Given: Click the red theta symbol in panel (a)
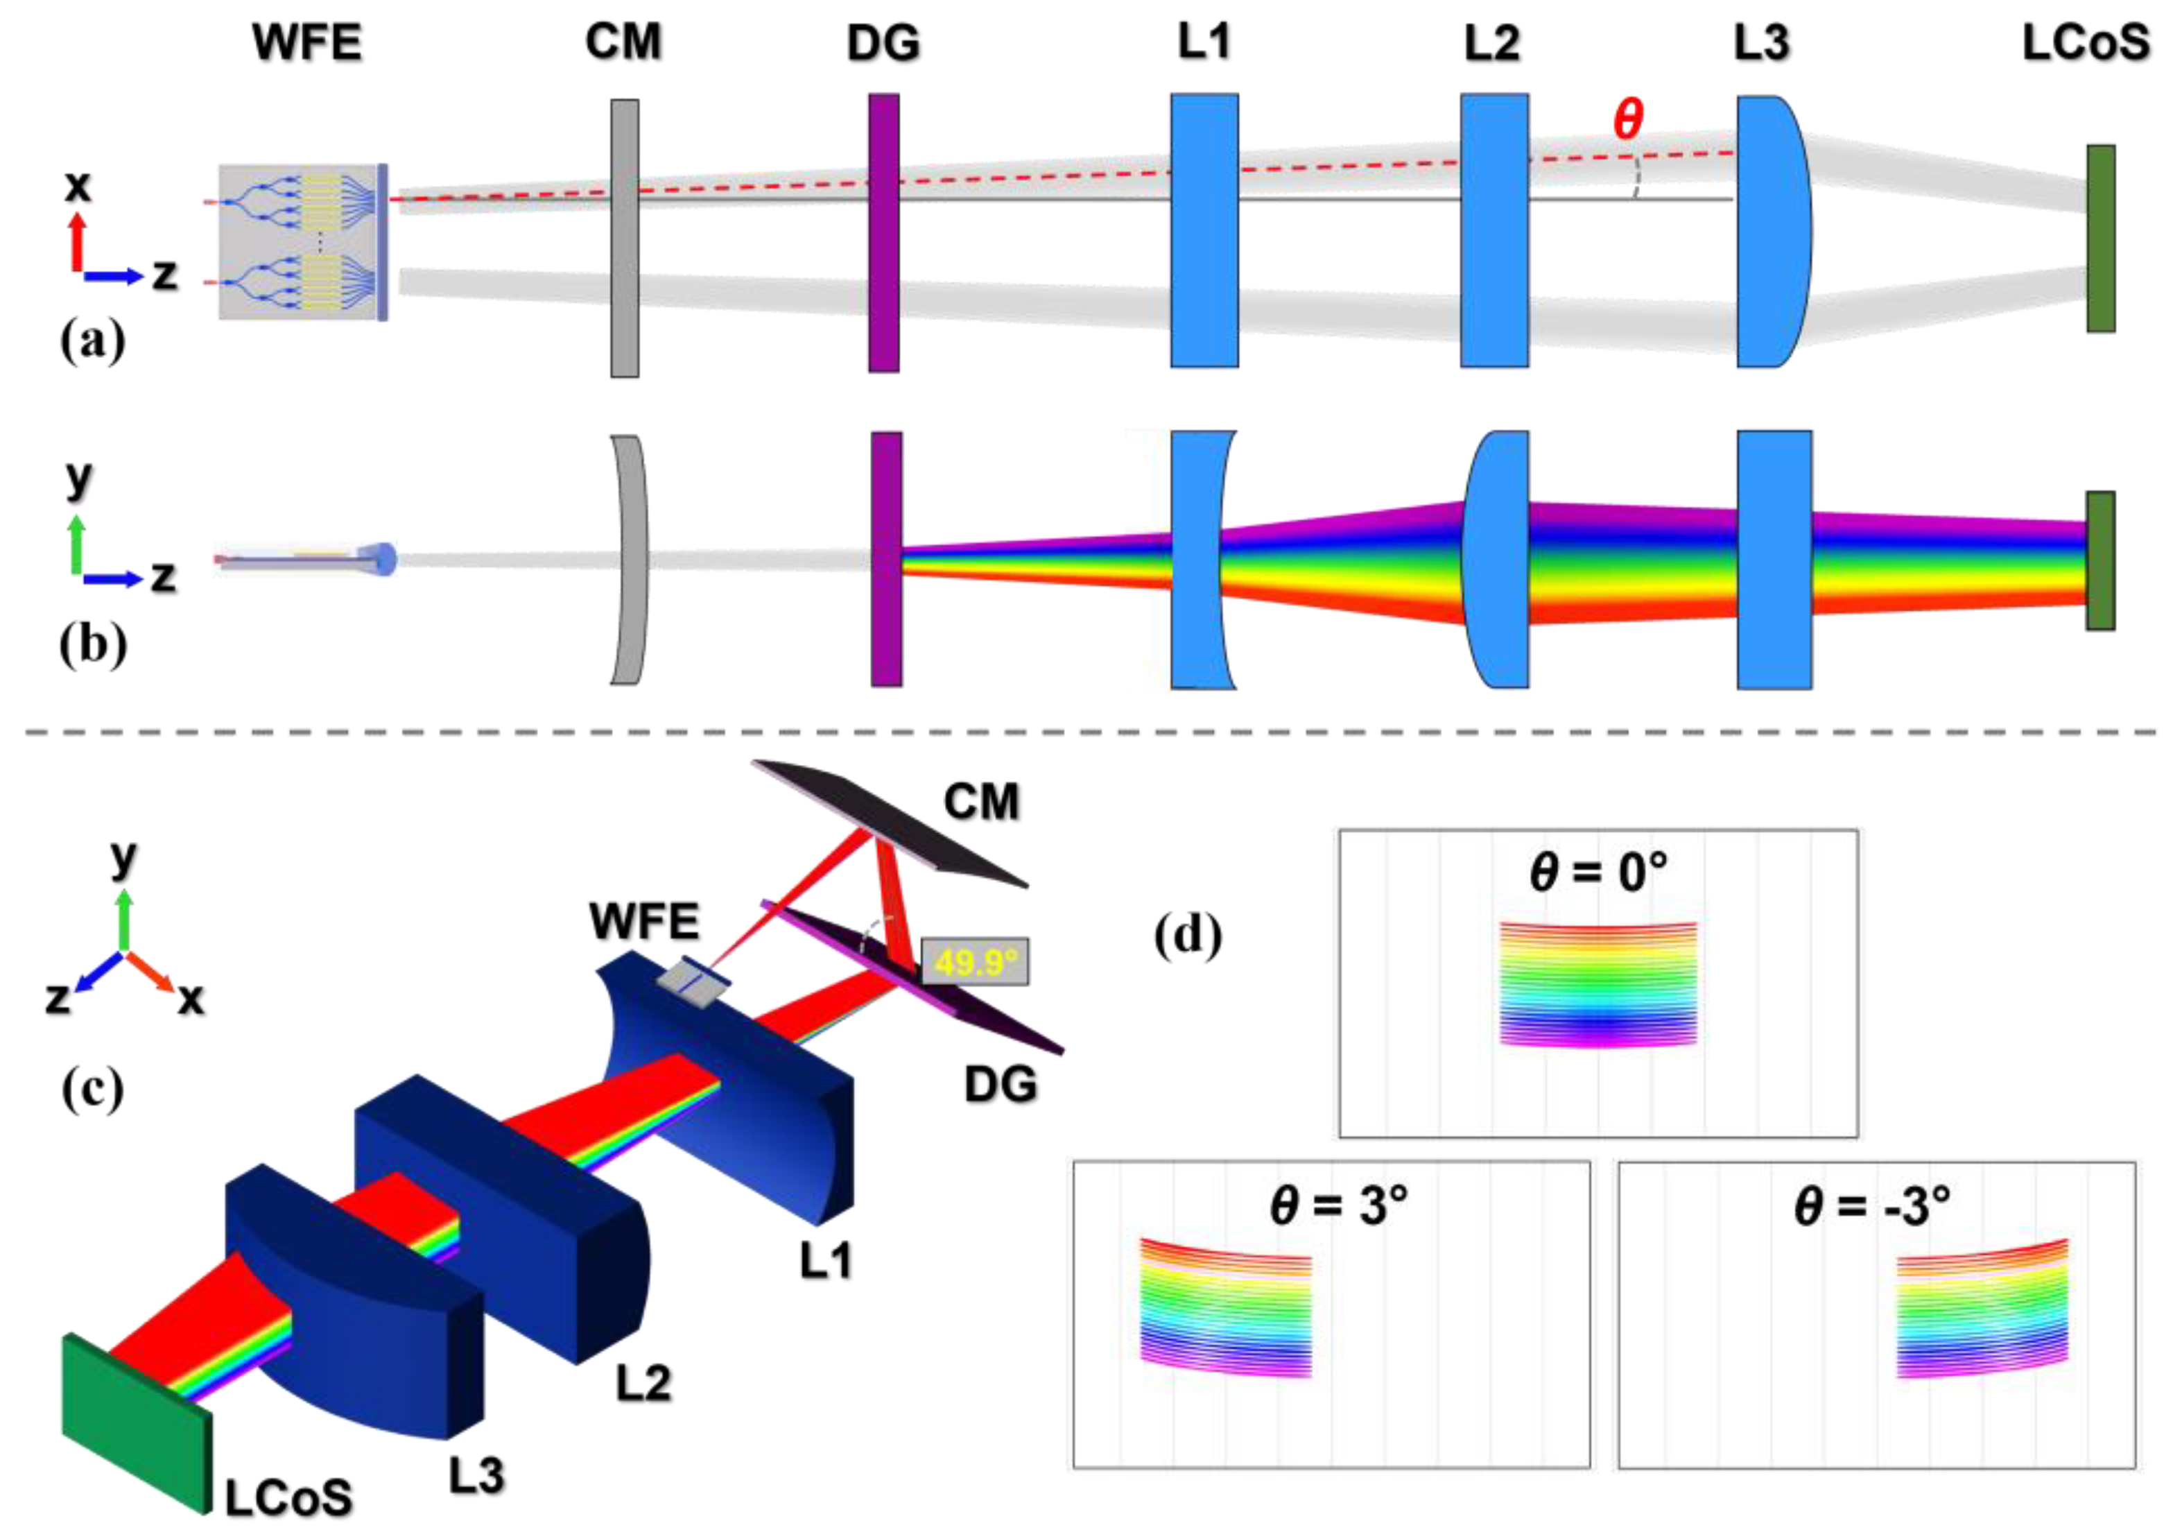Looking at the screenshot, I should tap(1627, 120).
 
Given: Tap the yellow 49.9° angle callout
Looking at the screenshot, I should tap(974, 963).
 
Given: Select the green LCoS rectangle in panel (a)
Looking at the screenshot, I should tap(2100, 239).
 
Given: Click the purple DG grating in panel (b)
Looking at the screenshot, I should tap(885, 559).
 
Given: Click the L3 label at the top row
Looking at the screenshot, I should tap(1761, 43).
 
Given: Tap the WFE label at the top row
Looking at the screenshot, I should tap(307, 43).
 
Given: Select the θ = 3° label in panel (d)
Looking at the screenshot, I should tap(1338, 1206).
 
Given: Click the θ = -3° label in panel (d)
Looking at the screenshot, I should tap(1872, 1206).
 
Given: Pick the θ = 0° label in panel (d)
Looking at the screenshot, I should tap(1598, 872).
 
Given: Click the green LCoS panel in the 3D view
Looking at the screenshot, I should tap(133, 1422).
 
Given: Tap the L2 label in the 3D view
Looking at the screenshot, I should tap(643, 1383).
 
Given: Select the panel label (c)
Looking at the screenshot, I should tap(92, 1088).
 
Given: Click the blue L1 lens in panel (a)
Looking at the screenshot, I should tap(1204, 230).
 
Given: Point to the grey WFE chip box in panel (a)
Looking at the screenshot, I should tap(300, 243).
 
